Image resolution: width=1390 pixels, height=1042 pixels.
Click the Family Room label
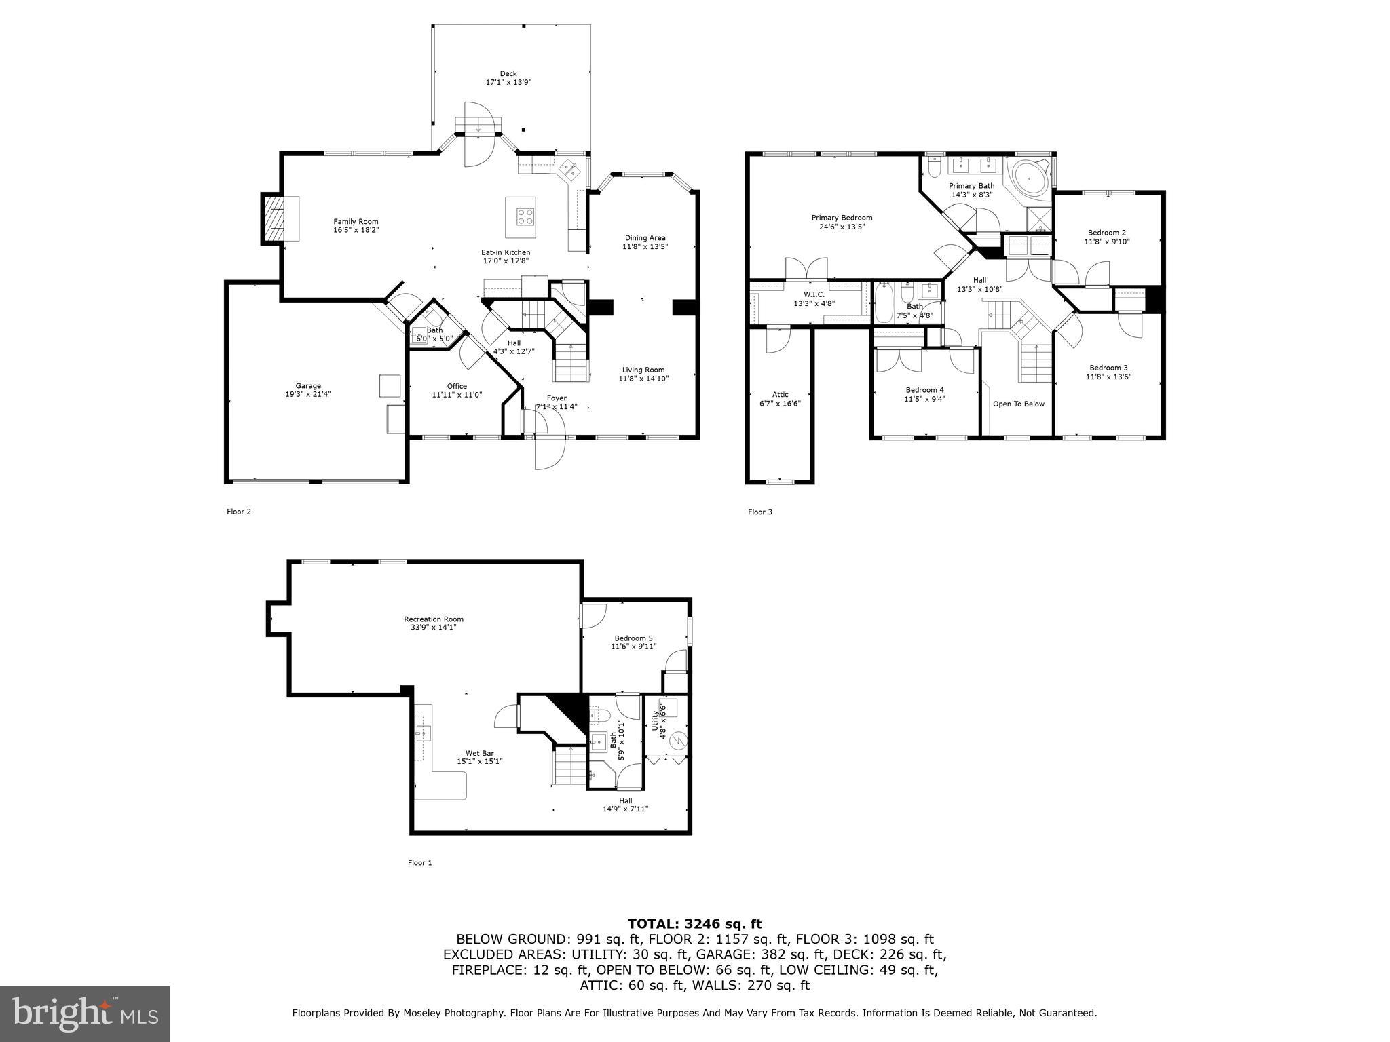(x=356, y=222)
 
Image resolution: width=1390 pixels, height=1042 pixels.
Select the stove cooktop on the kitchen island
(x=525, y=217)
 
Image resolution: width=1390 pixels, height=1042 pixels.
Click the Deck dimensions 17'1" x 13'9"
(x=508, y=82)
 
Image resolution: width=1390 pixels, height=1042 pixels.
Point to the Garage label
(x=307, y=386)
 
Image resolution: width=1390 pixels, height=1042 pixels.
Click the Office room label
(x=457, y=386)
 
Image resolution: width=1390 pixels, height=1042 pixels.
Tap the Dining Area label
(x=645, y=238)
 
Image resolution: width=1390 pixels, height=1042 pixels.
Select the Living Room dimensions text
(x=643, y=379)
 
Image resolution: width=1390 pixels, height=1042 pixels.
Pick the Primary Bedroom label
(x=842, y=218)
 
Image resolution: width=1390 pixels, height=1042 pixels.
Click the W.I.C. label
(x=814, y=294)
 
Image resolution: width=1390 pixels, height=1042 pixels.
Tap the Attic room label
(x=780, y=394)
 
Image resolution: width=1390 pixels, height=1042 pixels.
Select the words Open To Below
(x=1018, y=404)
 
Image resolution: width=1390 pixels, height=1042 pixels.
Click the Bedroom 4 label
(x=924, y=390)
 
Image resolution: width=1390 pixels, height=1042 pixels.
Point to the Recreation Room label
(x=433, y=619)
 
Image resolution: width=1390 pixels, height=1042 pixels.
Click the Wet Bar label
(x=479, y=753)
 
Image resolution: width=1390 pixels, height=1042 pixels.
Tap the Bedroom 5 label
(x=633, y=638)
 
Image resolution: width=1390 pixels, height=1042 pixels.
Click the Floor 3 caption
(x=759, y=512)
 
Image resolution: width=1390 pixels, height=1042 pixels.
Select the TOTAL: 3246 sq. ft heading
(x=694, y=923)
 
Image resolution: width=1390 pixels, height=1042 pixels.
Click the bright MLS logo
(x=85, y=1014)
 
